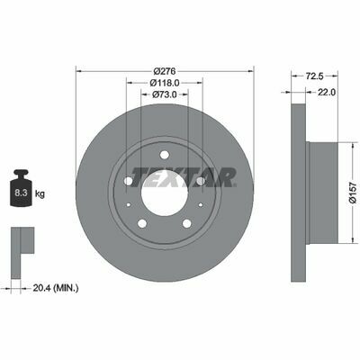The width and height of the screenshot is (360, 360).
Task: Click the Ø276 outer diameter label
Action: [165, 71]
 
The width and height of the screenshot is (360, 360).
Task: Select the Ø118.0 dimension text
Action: [165, 83]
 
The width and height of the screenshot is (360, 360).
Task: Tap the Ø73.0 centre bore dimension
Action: [165, 94]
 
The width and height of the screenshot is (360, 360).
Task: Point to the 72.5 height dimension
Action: [314, 76]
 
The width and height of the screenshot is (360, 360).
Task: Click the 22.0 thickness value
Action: [327, 93]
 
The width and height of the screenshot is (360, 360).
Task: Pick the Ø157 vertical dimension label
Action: [355, 193]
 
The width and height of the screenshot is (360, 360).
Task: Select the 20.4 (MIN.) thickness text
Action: [56, 288]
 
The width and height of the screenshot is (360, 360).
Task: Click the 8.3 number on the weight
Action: [21, 193]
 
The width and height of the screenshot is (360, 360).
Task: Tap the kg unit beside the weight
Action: [40, 193]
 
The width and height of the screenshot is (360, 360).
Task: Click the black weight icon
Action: [21, 188]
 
